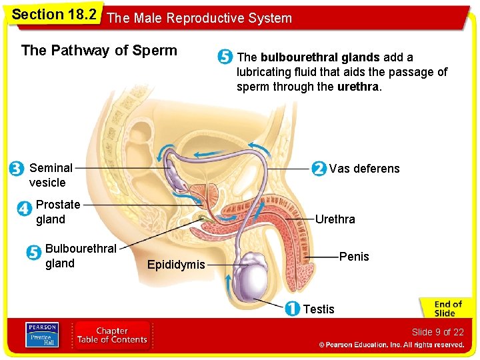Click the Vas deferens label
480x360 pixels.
click(364, 168)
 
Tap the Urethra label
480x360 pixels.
click(335, 219)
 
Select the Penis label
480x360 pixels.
click(354, 257)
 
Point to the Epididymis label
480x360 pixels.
click(176, 265)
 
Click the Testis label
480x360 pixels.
click(319, 309)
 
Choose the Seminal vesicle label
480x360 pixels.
click(51, 175)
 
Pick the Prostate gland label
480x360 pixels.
click(58, 212)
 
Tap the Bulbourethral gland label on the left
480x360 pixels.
click(81, 256)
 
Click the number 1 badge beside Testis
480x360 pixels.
click(291, 309)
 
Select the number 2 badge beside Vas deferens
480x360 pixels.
click(319, 168)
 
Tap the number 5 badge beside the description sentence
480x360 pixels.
click(225, 57)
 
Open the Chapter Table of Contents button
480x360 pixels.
click(112, 335)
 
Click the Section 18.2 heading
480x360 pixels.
click(54, 15)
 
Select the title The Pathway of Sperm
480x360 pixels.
click(99, 51)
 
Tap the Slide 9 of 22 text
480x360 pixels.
click(437, 332)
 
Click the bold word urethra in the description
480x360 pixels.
click(359, 87)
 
